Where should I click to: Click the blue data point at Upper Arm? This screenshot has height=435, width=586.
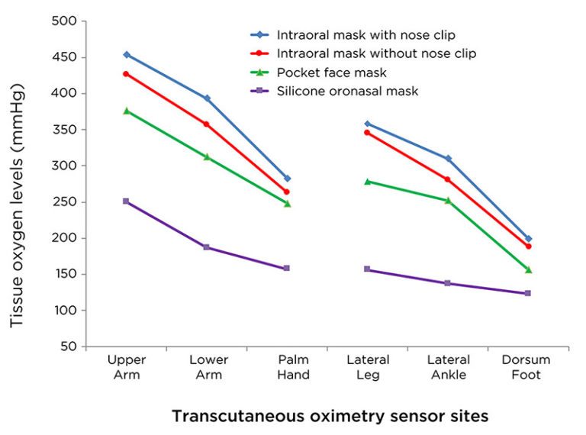tap(127, 55)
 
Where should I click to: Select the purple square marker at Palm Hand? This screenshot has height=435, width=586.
tap(287, 269)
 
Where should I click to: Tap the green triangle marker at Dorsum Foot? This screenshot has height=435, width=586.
tap(528, 270)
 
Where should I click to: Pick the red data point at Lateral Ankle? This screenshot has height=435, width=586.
tap(448, 179)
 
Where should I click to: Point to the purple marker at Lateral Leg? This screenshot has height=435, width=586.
tap(368, 269)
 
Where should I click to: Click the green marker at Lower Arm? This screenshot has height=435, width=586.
tap(207, 156)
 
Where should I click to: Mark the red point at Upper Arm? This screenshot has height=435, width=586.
tap(127, 74)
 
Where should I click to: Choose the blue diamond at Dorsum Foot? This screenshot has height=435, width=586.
tap(528, 239)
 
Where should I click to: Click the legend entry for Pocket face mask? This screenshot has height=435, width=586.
tap(331, 72)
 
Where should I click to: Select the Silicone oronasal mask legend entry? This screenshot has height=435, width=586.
tap(347, 92)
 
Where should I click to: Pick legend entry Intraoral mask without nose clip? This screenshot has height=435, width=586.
tap(376, 53)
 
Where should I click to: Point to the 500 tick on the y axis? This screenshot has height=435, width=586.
tap(65, 21)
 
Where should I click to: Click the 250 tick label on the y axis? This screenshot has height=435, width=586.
tap(65, 202)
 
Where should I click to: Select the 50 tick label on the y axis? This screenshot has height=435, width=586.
tap(69, 346)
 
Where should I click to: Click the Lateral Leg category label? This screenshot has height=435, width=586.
tap(368, 367)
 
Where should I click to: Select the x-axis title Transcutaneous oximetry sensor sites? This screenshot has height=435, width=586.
tap(330, 417)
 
